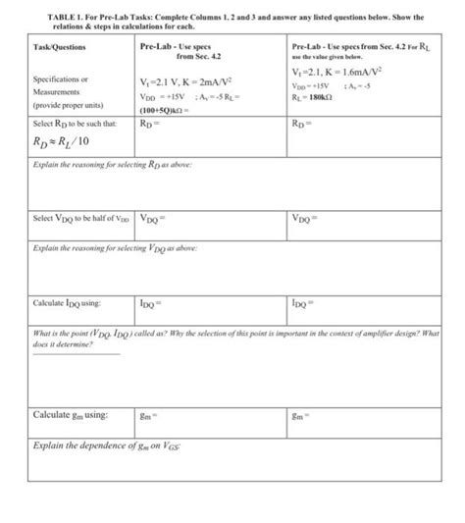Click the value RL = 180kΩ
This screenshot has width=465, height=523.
(x=316, y=98)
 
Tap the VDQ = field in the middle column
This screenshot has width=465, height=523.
(x=155, y=218)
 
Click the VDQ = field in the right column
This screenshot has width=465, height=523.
(x=307, y=218)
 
